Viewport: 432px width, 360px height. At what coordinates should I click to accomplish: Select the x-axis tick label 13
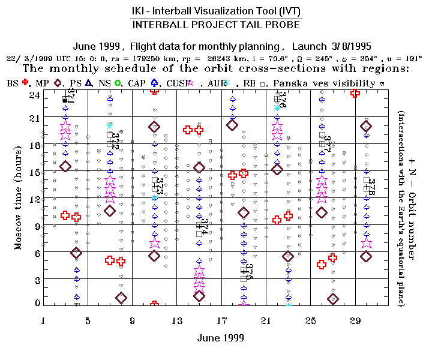pos(177,321)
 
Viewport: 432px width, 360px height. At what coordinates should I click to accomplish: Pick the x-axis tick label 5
pos(88,321)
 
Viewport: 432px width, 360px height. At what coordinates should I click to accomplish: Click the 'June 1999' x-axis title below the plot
pos(221,338)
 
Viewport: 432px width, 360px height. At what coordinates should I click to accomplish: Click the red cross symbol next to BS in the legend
pos(25,83)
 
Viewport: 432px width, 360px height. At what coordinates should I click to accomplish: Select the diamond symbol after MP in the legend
pos(58,83)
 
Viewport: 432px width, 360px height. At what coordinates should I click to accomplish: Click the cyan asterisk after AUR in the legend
pos(227,83)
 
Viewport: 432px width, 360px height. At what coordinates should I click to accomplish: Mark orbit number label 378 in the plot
pos(371,187)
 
